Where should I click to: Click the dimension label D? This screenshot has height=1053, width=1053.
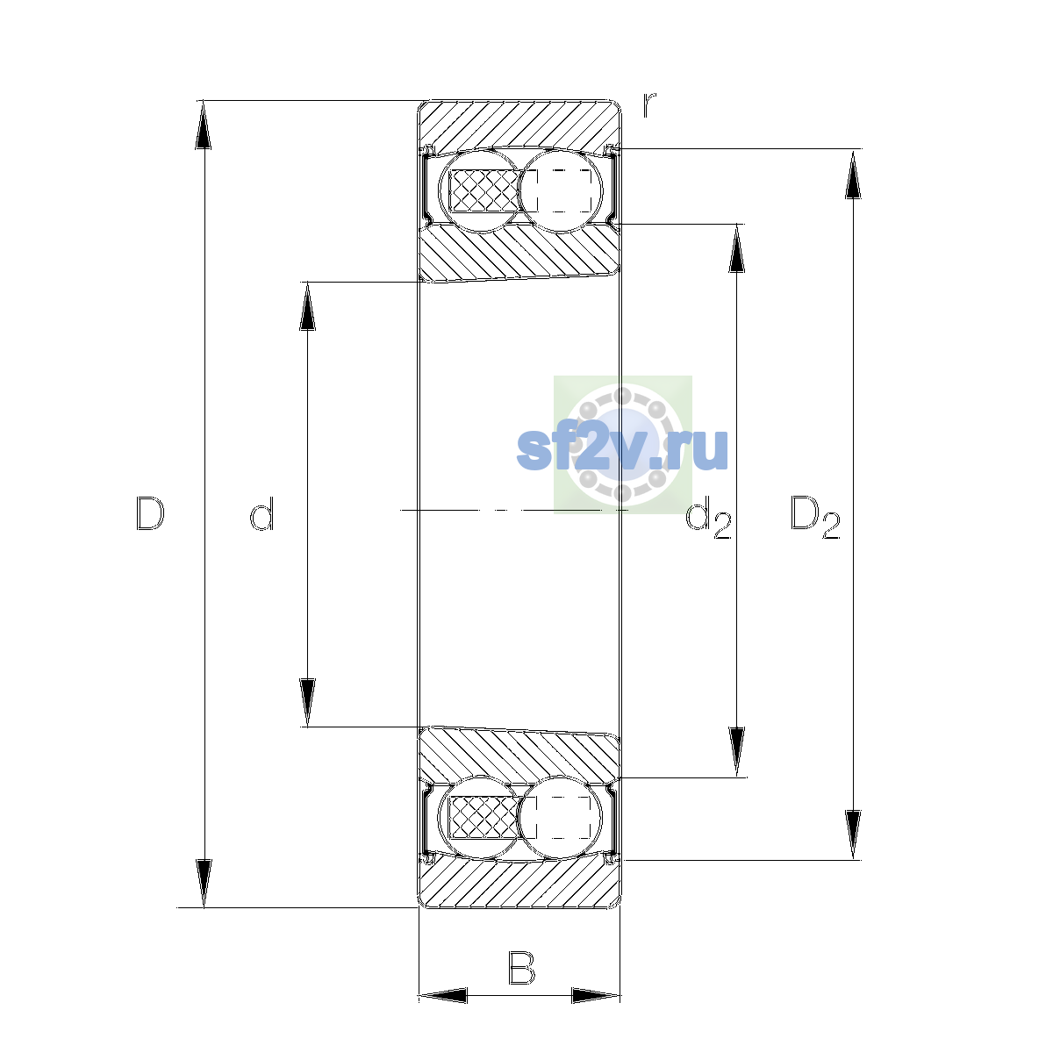click(x=150, y=513)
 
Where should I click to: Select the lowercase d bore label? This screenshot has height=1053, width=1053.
click(x=261, y=513)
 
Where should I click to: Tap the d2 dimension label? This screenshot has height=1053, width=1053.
click(x=708, y=517)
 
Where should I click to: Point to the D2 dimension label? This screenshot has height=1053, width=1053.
click(x=815, y=517)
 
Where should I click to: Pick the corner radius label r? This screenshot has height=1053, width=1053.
click(x=648, y=104)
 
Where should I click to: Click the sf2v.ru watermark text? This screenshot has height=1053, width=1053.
click(x=622, y=449)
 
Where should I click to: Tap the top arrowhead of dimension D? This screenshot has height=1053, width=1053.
click(x=204, y=125)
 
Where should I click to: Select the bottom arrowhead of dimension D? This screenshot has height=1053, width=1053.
click(x=204, y=883)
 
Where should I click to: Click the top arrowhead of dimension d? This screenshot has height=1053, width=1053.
click(x=307, y=306)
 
